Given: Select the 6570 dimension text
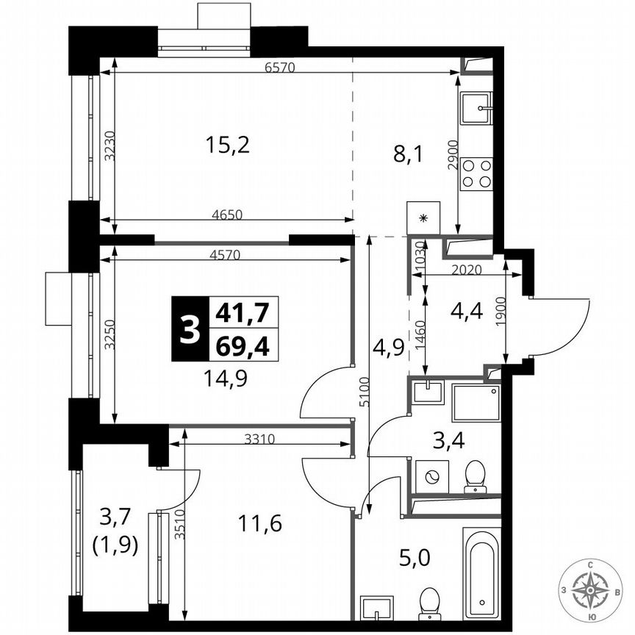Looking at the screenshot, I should tap(279, 68).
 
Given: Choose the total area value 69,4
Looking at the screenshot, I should tap(240, 345).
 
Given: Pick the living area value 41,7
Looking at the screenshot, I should tap(240, 314).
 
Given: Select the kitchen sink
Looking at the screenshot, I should tap(476, 109).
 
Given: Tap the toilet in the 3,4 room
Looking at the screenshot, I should tap(476, 476).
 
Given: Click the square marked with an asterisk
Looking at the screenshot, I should tap(423, 218).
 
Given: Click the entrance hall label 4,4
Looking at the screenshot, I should tap(466, 312).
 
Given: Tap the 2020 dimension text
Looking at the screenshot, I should tap(465, 270).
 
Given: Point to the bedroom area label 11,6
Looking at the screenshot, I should tap(259, 524).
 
